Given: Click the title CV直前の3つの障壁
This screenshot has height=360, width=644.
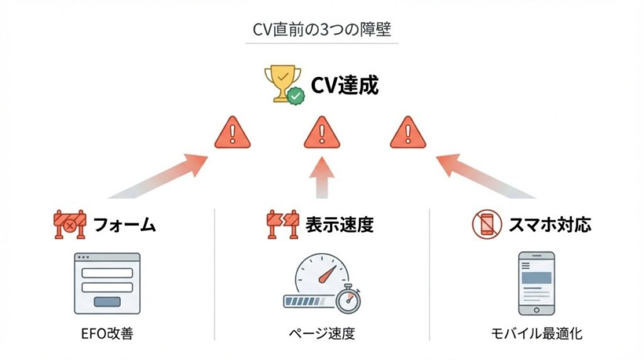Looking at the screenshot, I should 321,30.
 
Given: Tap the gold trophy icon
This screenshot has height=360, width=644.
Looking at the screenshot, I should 279,83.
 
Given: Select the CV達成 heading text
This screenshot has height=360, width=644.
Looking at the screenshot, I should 345,84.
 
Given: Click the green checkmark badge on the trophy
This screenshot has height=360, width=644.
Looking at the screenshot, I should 296,96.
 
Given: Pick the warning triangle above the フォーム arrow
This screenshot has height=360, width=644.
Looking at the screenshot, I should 232,133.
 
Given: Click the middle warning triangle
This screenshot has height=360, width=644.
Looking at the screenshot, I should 321,133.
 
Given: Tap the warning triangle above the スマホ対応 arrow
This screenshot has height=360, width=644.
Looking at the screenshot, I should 408,133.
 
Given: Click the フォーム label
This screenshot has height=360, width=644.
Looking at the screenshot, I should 124,225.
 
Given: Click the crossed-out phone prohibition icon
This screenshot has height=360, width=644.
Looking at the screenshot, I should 487,225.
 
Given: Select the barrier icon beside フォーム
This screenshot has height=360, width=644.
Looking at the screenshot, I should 69,225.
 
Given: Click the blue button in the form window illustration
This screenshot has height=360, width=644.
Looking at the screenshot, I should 107,301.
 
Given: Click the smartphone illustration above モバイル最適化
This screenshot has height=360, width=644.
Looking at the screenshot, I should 536,283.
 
